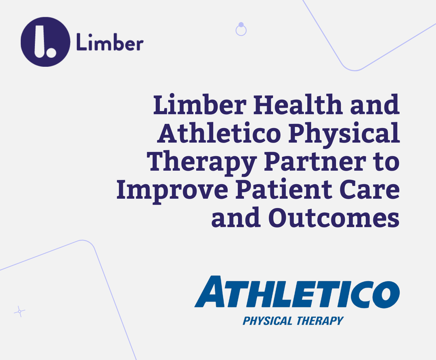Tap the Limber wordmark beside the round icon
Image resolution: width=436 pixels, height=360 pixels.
(109, 43)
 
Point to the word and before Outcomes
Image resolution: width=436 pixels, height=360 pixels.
(235, 219)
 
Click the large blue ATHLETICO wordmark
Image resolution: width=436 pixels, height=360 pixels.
(297, 292)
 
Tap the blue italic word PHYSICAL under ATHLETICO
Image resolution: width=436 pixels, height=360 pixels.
(267, 321)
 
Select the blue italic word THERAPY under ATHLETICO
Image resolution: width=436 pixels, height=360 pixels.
(319, 321)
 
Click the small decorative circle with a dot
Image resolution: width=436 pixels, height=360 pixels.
(241, 29)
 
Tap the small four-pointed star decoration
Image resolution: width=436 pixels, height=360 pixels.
(19, 311)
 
